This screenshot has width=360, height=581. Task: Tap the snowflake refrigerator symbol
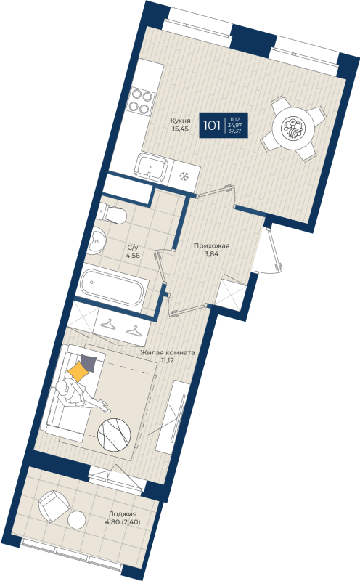tap(184, 176)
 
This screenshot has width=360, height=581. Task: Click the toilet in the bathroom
tap(113, 214)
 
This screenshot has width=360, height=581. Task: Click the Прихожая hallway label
tap(211, 245)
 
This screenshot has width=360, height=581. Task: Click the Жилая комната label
tap(168, 351)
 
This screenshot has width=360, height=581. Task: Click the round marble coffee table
tap(115, 436)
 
